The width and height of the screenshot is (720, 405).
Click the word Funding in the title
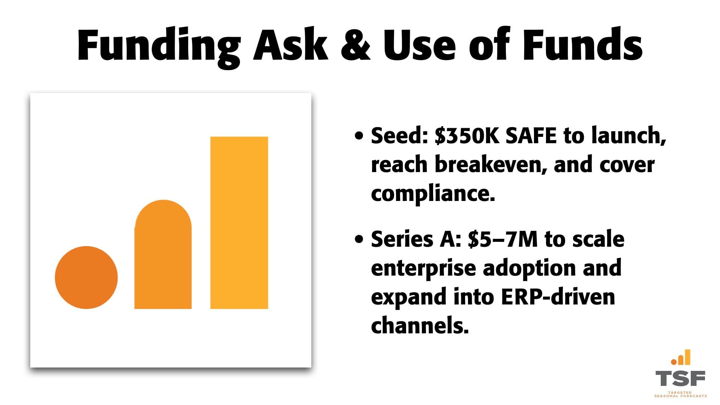tap(159, 45)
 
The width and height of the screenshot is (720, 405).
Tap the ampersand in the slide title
tap(355, 45)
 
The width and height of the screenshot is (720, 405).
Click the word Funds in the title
tap(582, 45)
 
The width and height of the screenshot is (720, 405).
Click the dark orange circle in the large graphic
tap(86, 277)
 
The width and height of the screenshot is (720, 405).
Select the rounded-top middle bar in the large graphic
tap(163, 255)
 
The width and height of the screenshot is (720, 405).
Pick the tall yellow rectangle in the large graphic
tap(239, 223)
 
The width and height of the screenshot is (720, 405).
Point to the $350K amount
tap(467, 135)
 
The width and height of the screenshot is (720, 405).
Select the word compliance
tap(433, 194)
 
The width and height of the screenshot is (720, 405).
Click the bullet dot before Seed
tap(359, 136)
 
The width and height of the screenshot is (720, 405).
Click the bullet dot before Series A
tap(359, 239)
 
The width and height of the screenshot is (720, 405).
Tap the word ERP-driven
tap(558, 297)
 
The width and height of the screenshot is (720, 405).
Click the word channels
tap(420, 325)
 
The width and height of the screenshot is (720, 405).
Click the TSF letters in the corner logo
tap(680, 378)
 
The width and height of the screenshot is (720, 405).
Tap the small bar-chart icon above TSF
tap(681, 357)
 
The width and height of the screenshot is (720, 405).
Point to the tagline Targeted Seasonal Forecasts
tap(680, 394)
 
